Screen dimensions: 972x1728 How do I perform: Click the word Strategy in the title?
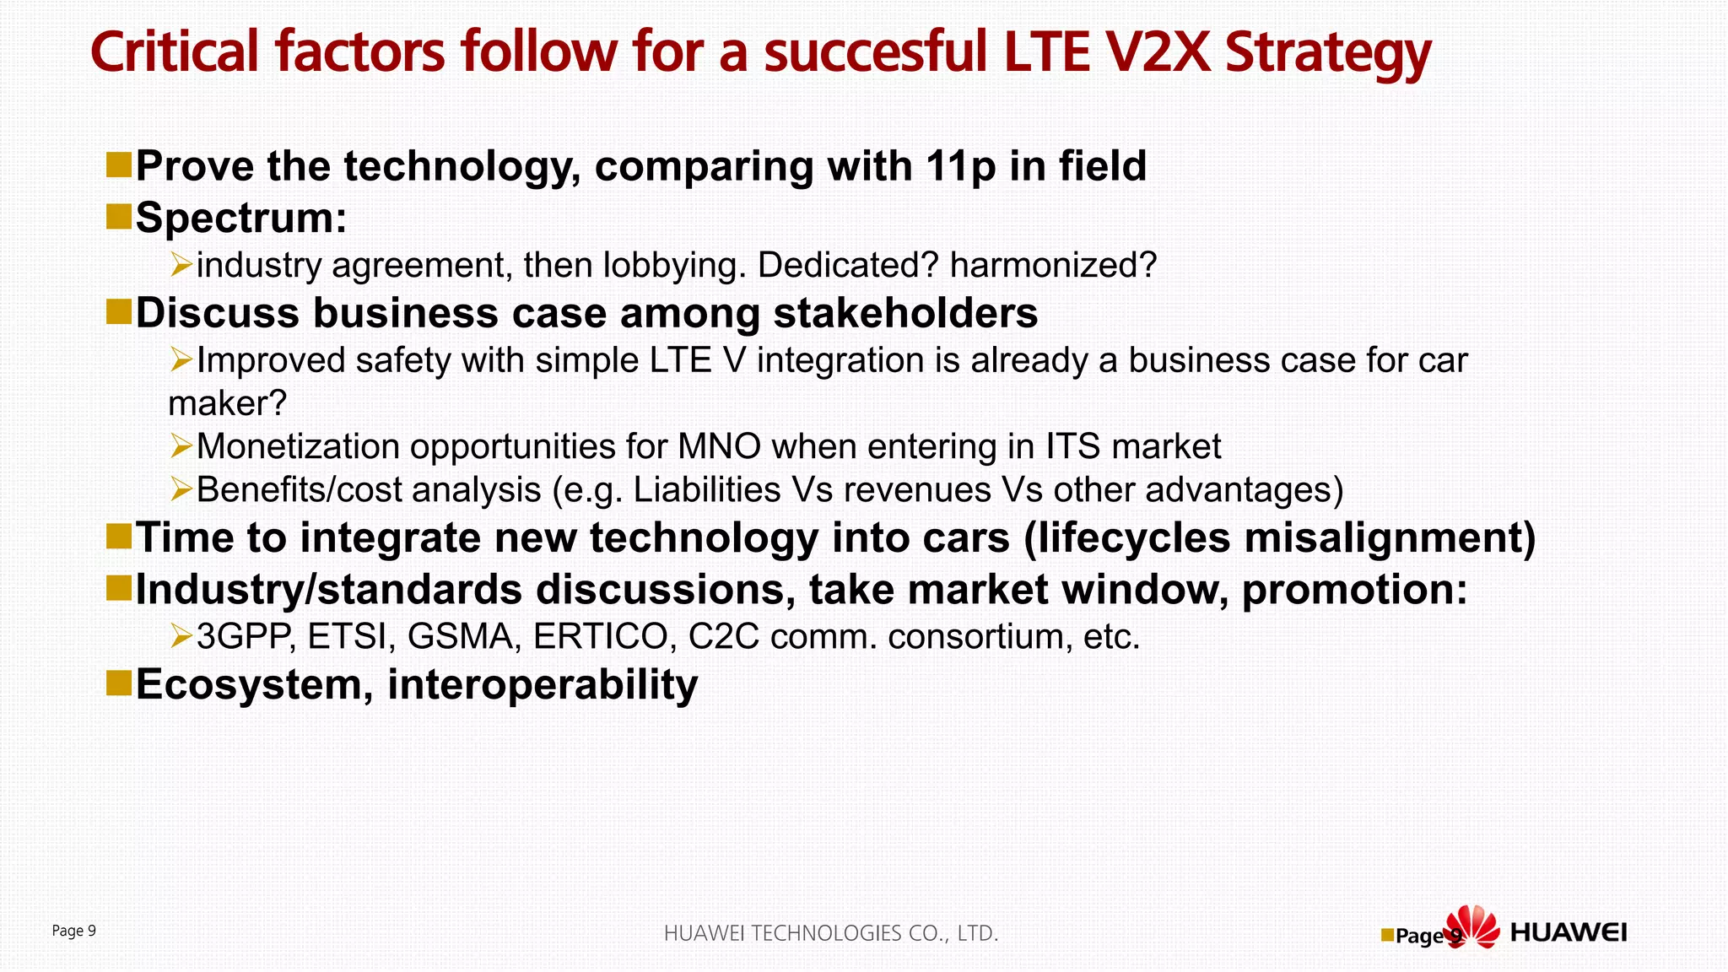pos(1327,52)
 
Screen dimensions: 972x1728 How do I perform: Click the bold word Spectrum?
pos(241,218)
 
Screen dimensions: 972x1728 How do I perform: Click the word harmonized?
pos(1052,266)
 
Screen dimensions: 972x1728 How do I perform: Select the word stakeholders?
pos(905,313)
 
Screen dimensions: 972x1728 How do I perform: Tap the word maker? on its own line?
pos(228,403)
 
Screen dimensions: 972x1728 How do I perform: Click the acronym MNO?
pos(719,446)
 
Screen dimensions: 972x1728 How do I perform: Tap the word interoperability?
pos(543,684)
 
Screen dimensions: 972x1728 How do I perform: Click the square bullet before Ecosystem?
pos(119,683)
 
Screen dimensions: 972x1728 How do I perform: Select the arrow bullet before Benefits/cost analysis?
pos(181,489)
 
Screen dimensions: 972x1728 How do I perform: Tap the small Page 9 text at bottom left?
pos(74,931)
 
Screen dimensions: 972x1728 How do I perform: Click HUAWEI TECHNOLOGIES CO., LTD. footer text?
pos(831,933)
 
